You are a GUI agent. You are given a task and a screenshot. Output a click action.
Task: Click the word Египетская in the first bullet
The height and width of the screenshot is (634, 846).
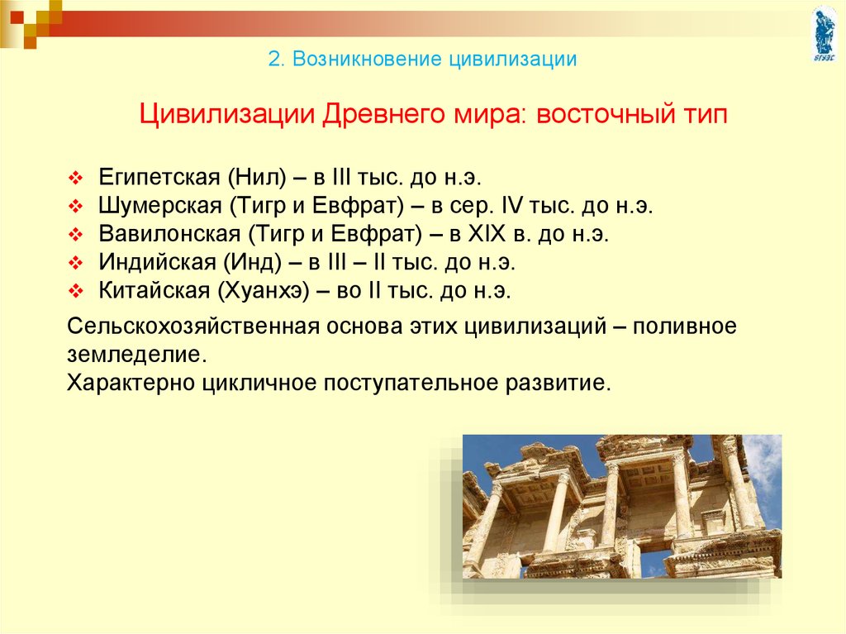[x=159, y=178]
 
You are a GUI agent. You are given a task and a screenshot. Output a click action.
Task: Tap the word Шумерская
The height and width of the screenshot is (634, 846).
[x=160, y=206]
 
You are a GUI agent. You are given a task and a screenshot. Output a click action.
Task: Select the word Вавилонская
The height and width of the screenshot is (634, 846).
[x=169, y=234]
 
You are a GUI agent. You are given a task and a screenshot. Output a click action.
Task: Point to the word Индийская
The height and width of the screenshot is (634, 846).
[x=157, y=263]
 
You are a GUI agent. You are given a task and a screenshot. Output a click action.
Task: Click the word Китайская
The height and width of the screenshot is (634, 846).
[x=154, y=290]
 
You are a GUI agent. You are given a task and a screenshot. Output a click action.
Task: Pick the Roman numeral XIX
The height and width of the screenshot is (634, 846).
[x=487, y=234]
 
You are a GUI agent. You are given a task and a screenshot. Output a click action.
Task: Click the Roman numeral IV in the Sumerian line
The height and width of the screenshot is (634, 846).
[x=512, y=206]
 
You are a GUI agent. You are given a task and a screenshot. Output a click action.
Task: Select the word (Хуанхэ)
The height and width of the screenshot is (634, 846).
[x=264, y=291]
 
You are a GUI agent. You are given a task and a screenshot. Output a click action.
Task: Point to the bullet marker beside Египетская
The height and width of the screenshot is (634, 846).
[x=75, y=179]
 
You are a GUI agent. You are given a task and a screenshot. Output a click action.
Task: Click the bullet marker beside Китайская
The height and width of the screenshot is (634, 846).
[x=75, y=292]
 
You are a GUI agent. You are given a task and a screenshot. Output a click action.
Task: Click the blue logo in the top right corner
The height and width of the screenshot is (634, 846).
[x=825, y=34]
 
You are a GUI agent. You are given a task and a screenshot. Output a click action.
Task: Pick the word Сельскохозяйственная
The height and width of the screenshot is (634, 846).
[x=193, y=327]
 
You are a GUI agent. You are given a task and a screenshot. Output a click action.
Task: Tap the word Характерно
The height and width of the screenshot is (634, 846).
[x=131, y=383]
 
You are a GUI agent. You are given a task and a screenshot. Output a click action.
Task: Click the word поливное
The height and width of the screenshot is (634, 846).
[x=685, y=327]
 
